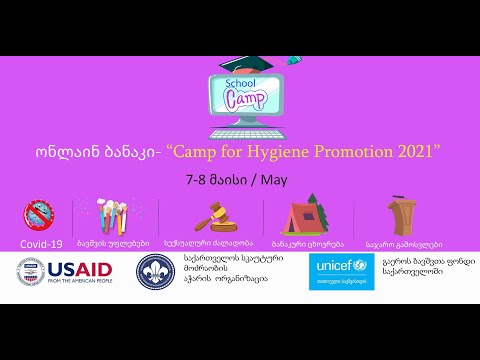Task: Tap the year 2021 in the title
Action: (x=419, y=152)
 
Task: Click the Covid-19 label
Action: (x=42, y=243)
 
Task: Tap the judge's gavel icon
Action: (x=210, y=217)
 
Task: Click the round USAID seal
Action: (x=31, y=272)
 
